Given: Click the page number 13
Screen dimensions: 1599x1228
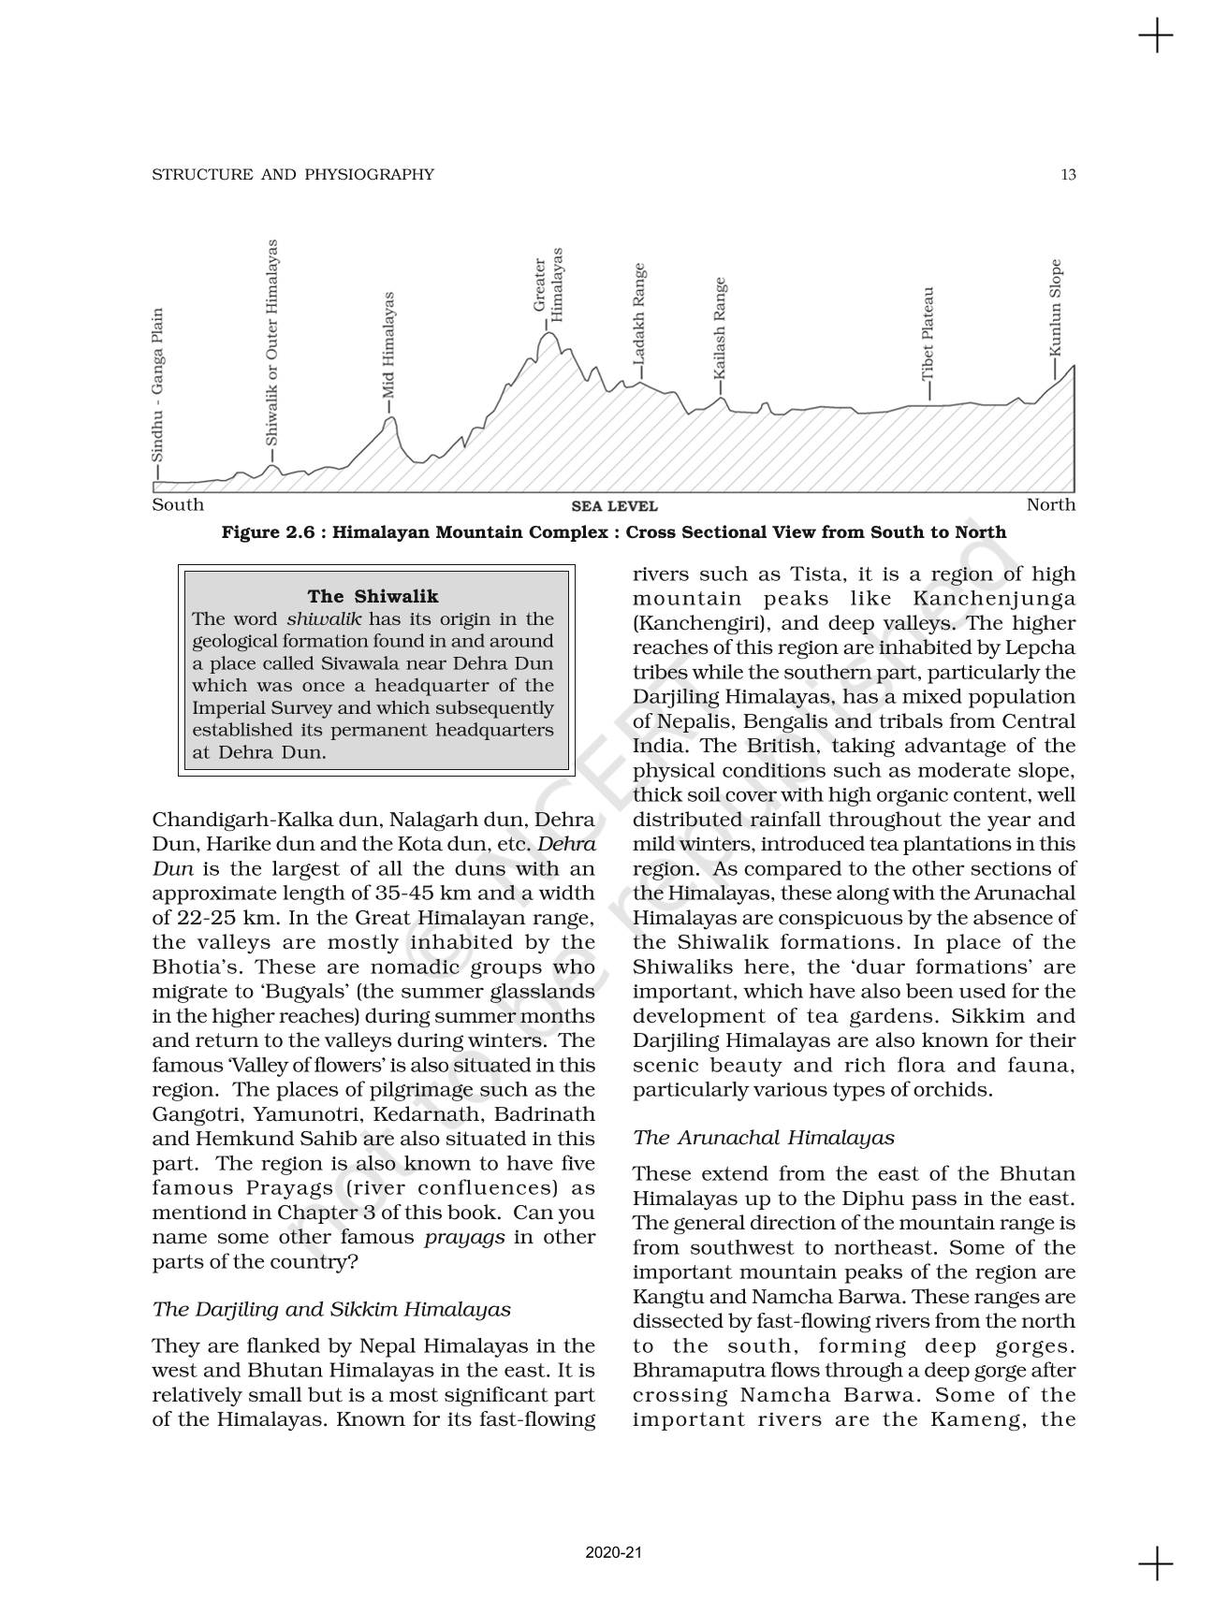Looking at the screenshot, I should pos(1068,174).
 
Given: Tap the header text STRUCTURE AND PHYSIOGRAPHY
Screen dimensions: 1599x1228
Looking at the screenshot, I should pos(293,174).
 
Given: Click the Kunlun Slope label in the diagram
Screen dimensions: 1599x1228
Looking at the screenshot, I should pos(1056,307).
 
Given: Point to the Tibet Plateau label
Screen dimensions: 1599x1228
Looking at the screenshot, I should pos(928,333).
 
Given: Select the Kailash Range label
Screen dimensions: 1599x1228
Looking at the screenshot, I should pos(719,327).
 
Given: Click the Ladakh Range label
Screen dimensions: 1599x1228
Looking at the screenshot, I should pos(638,314).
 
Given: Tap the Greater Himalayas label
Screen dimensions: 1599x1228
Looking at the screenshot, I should pos(548,284).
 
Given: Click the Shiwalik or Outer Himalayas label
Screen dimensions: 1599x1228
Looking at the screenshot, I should pos(271,342).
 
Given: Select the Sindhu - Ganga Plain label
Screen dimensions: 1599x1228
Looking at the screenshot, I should pos(157,385).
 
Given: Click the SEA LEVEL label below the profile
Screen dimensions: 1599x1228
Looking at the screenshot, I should pos(614,506).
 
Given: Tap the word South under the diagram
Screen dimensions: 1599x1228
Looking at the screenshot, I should pos(178,505).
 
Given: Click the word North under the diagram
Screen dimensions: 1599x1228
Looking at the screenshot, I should pos(1050,505).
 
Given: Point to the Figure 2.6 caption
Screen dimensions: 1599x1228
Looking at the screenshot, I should pos(613,532).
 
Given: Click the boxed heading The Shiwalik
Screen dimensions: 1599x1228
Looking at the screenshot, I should pos(373,596).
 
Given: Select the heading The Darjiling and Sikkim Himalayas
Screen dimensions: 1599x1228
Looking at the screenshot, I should pos(331,1309).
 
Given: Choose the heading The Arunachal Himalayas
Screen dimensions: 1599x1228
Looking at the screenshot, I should pos(763,1138).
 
